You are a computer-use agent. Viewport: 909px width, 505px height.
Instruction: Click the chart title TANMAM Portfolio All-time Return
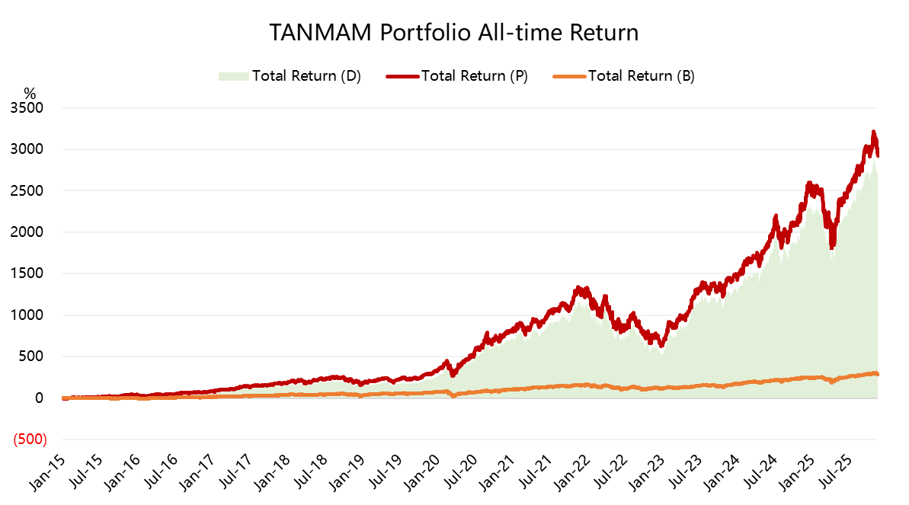tap(454, 33)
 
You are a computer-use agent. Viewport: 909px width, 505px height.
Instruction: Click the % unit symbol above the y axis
tap(30, 93)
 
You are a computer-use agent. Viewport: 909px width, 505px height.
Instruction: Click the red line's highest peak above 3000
tap(873, 132)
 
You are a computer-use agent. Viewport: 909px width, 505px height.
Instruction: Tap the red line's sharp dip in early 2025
tap(832, 245)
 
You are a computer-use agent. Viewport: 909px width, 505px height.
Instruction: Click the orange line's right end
tap(877, 374)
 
